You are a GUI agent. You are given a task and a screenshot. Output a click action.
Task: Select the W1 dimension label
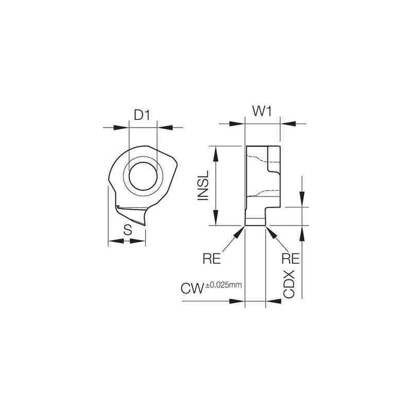262,112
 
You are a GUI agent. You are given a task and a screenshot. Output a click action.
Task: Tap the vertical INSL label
203,186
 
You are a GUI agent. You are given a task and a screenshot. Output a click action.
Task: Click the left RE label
212,258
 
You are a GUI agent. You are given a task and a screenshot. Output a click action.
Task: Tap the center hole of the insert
142,177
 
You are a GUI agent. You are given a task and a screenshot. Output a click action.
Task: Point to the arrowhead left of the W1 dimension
237,123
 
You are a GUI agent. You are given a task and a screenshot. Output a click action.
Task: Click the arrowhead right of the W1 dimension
287,123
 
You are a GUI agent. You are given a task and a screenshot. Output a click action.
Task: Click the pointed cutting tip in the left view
145,225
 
